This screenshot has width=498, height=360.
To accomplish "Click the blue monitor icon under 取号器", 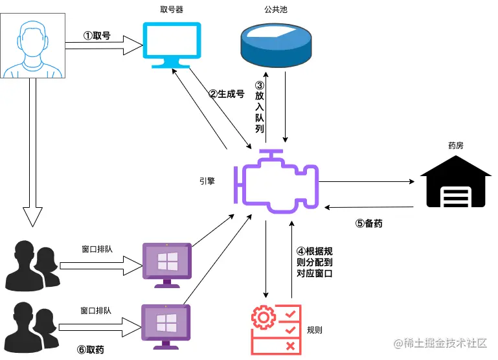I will coord(172,45).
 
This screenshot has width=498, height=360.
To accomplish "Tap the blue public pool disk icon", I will coord(275,42).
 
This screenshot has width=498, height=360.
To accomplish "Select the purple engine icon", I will coord(277,182).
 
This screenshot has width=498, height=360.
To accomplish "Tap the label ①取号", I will coord(97,36).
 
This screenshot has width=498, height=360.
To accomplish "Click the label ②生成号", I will coord(226,94).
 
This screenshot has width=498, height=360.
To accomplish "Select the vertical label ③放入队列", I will coord(260,107).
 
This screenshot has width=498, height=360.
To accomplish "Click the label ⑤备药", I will coord(369,224).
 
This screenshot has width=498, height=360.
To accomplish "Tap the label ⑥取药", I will coord(91,350).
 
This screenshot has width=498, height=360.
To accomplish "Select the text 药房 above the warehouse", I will coord(455,146).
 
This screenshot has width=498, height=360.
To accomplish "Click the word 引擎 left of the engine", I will coord(208,182).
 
